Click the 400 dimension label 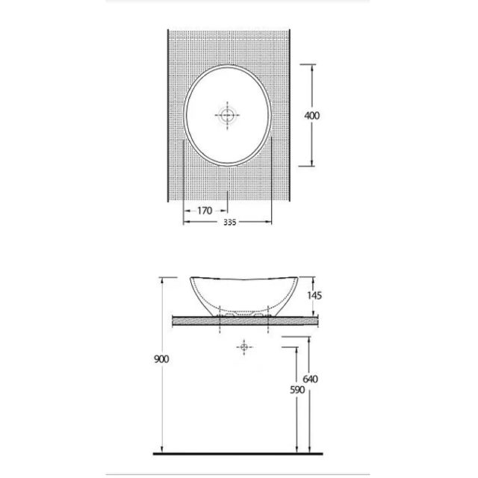point(312,116)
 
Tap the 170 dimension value point(205,211)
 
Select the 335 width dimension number point(229,223)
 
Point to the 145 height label point(314,296)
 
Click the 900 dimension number point(161,359)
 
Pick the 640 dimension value point(310,379)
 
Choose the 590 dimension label point(297,390)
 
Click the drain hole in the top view point(227,115)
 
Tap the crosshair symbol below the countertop point(244,347)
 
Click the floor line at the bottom point(238,453)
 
